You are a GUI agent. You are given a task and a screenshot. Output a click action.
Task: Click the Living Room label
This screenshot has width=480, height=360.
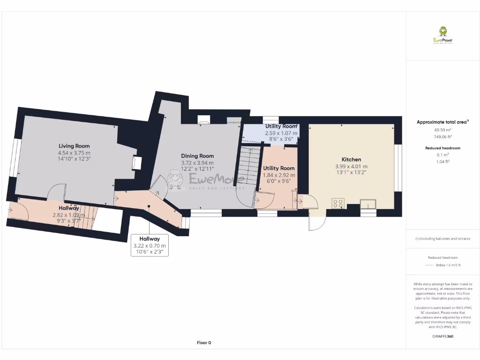point(74,146)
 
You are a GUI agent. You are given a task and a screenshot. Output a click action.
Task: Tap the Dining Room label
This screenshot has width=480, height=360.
point(197,156)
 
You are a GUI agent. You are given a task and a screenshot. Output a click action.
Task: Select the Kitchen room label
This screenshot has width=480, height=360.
point(351,159)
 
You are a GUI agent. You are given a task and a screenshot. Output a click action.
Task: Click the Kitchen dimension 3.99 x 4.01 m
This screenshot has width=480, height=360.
point(351,166)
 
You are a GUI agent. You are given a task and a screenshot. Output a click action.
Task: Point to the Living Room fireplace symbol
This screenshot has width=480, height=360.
point(136,163)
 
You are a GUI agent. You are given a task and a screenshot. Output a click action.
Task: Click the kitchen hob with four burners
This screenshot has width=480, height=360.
point(338,203)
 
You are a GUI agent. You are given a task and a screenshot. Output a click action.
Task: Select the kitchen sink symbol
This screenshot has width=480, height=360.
point(368,203)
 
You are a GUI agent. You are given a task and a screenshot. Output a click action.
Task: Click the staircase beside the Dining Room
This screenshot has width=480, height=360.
point(249,169)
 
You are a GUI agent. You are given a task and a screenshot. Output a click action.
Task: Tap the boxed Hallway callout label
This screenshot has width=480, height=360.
point(150,239)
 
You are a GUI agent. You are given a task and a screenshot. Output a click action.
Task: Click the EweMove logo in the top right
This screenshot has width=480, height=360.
point(442,35)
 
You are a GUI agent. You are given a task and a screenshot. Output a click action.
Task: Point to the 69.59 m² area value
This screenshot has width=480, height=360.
point(442,130)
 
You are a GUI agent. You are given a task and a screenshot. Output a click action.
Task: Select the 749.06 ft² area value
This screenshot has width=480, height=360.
point(442,137)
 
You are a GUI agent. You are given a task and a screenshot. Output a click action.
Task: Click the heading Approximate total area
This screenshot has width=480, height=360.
point(442,122)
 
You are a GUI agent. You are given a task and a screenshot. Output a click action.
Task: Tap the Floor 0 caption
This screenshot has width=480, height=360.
point(204,343)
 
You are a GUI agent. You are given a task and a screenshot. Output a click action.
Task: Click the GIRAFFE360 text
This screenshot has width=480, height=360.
point(443,336)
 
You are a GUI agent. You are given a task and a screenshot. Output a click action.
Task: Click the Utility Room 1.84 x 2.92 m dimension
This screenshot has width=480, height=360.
point(279,175)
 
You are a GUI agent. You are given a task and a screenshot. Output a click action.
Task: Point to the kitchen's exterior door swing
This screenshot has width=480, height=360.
point(314,224)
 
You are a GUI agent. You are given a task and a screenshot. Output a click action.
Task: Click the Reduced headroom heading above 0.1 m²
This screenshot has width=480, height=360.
point(442,148)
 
